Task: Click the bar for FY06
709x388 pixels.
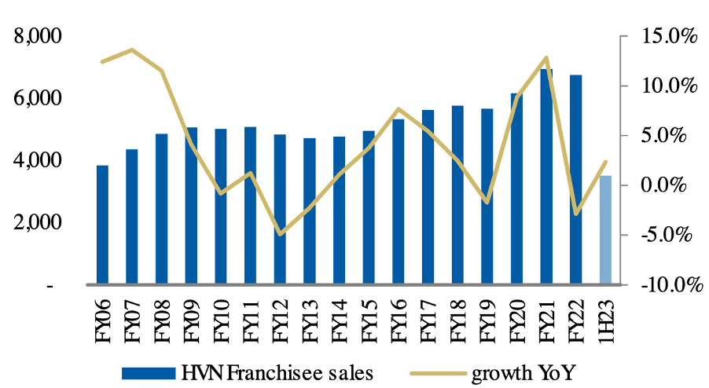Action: pos(102,225)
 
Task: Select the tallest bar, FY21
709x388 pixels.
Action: pos(546,177)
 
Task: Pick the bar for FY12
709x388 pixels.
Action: pos(280,209)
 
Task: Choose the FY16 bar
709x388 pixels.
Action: pos(398,201)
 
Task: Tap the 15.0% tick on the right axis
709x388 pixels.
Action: pos(668,36)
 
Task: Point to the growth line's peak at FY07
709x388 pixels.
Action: pos(132,50)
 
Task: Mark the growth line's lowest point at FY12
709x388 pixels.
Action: pos(280,234)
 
